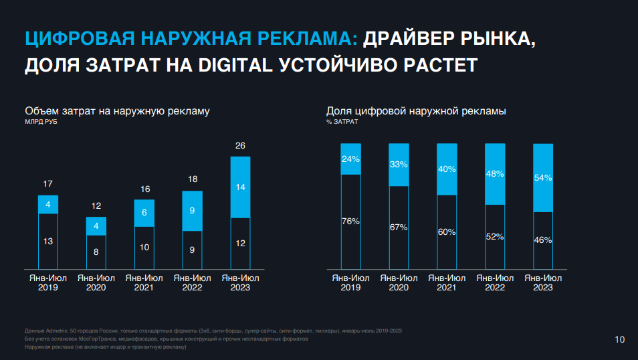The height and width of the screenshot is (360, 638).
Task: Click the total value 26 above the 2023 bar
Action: (x=240, y=146)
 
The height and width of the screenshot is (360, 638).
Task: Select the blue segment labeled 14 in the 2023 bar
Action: (x=240, y=187)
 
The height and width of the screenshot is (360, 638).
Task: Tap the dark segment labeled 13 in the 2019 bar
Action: (x=48, y=242)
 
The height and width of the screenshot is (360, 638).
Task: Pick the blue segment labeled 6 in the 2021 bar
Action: (x=144, y=213)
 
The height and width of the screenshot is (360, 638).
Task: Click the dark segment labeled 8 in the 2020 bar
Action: (x=96, y=252)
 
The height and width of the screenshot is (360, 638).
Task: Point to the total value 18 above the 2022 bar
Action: (x=192, y=179)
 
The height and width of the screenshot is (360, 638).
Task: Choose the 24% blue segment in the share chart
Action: (x=351, y=159)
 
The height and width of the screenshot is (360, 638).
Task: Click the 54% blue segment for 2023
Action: (x=543, y=178)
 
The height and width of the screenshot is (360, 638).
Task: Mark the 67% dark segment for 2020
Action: (x=399, y=228)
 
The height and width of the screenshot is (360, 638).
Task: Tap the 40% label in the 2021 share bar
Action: (x=447, y=169)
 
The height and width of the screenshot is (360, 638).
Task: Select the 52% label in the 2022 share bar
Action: (x=495, y=236)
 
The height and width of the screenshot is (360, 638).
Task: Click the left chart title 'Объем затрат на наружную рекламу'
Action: (x=118, y=111)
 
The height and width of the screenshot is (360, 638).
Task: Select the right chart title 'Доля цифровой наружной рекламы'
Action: (x=416, y=111)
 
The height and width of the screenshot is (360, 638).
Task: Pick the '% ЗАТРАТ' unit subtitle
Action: (x=342, y=122)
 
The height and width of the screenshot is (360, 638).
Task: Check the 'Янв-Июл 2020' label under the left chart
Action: (x=96, y=282)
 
